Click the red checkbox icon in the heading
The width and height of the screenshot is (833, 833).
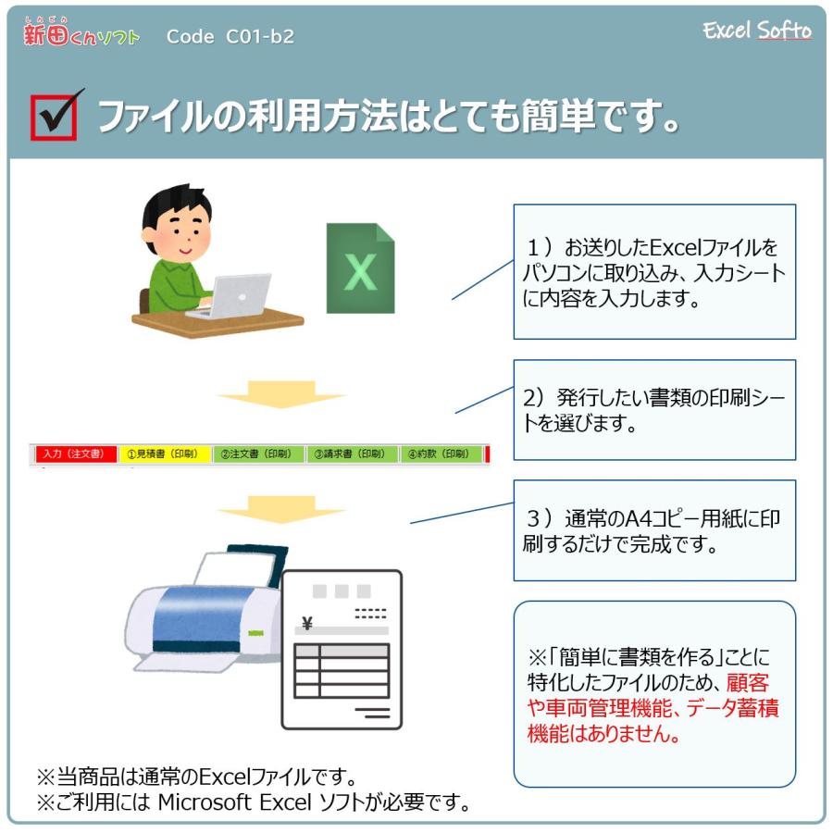(54, 116)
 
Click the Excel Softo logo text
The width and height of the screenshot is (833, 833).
(756, 31)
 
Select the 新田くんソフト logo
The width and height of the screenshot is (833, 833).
(81, 35)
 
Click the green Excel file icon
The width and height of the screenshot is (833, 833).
(360, 268)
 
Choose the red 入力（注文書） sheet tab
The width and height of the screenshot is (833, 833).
(76, 454)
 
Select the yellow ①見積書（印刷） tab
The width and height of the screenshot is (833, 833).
(165, 454)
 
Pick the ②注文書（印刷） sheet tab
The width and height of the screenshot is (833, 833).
(258, 454)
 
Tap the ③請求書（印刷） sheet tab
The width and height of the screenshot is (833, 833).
(352, 454)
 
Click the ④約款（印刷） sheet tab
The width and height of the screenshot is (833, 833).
(441, 454)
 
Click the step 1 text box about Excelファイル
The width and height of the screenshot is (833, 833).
(653, 272)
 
